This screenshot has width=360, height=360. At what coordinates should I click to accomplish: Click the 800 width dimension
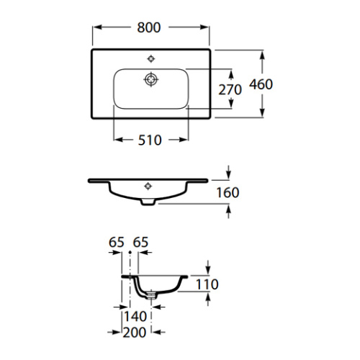pos(149,27)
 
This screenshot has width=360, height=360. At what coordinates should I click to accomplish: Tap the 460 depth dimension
pos(261,84)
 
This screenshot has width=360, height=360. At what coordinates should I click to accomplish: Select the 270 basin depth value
pos(230,90)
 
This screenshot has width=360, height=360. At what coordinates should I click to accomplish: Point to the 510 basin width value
pos(150,140)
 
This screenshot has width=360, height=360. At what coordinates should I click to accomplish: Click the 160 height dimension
pos(228,192)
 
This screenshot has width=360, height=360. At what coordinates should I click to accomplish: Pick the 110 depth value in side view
pos(207,284)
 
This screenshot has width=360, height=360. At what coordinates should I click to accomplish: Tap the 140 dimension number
pos(135,316)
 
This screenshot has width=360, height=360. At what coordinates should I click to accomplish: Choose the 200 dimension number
pos(135,333)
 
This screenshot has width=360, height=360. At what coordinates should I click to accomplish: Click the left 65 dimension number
pos(117,242)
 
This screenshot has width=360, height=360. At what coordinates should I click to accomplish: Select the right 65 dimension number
pos(140,242)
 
